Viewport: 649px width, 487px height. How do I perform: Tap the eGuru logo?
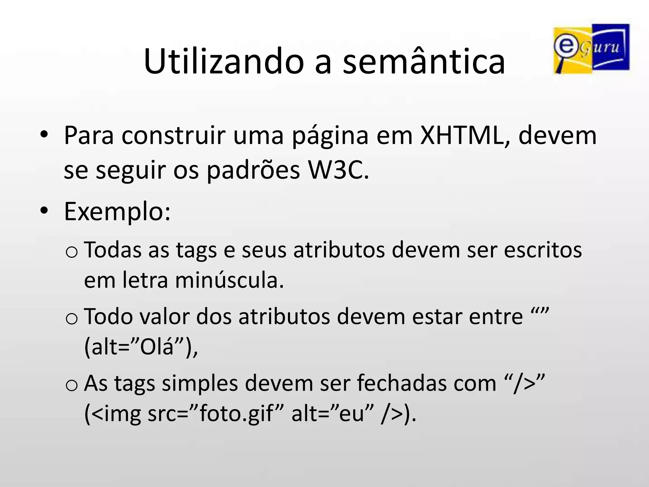pyautogui.click(x=591, y=49)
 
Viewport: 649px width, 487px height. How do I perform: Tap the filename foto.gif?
pyautogui.click(x=236, y=413)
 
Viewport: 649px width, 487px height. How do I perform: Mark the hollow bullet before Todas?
pyautogui.click(x=71, y=252)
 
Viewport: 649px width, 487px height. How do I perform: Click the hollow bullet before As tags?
pyautogui.click(x=71, y=386)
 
